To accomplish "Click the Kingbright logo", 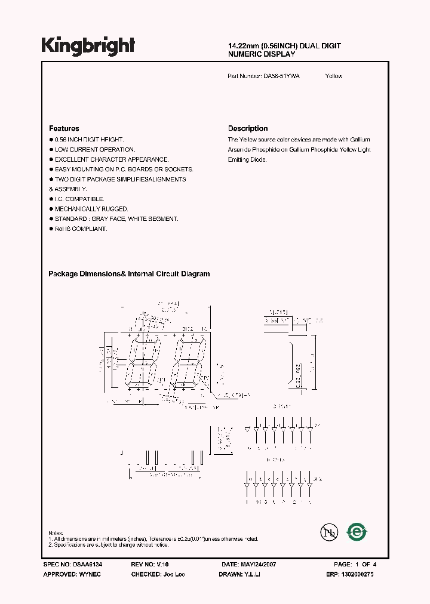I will point(88,45).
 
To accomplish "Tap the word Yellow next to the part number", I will point(334,76).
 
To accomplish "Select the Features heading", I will point(64,128).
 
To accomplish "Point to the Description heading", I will point(248,128).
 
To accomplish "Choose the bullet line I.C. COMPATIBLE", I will point(79,199).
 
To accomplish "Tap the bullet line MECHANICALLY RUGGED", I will point(91,209).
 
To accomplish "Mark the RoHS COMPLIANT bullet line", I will point(81,229).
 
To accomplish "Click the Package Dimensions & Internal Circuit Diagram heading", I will point(129,274).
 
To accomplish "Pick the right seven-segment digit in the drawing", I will point(188,363).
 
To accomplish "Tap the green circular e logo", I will point(358,531).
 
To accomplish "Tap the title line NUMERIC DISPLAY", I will point(262,54).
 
